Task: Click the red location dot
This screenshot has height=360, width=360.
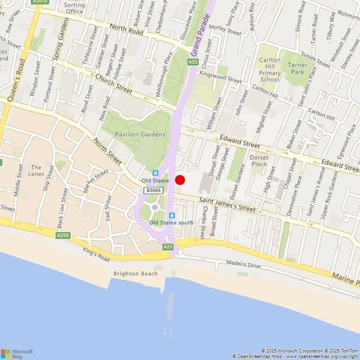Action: click(x=180, y=180)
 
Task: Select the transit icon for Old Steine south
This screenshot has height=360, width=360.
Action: click(x=172, y=216)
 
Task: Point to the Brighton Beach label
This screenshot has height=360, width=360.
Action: click(x=136, y=274)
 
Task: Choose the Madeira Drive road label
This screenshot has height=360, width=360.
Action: click(x=244, y=264)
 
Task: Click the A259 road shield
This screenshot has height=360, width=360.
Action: click(x=63, y=236)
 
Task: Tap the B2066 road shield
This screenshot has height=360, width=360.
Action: click(x=153, y=190)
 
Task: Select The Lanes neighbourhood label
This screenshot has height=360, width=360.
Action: click(x=37, y=171)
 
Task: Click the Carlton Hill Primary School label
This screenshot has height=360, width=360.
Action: click(x=270, y=70)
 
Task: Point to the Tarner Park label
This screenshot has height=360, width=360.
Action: click(x=297, y=68)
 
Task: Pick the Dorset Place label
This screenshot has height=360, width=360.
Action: click(x=259, y=160)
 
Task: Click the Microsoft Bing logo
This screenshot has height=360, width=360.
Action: click(x=17, y=353)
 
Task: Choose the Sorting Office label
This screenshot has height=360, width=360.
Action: click(x=74, y=8)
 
